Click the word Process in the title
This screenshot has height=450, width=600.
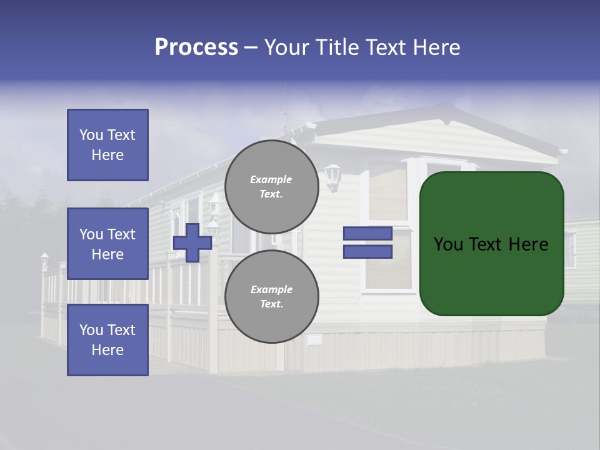point(196,47)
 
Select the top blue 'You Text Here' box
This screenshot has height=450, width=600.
point(107,145)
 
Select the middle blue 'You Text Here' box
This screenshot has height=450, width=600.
point(107,244)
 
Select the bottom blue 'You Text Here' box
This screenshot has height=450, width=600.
point(107,340)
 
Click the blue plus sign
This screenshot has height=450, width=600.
point(192,242)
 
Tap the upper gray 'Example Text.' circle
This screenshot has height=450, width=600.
point(271,186)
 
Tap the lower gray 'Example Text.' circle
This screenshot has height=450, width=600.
point(271,296)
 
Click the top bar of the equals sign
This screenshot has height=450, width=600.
point(367,234)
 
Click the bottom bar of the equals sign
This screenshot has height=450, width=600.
point(367,252)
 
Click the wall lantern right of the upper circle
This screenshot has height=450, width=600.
point(332,176)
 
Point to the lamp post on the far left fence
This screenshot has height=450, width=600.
point(44,261)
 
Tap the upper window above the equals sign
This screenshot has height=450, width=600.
point(387,191)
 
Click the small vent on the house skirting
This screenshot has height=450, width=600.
point(314,339)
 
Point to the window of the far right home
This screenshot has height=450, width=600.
point(570,249)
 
